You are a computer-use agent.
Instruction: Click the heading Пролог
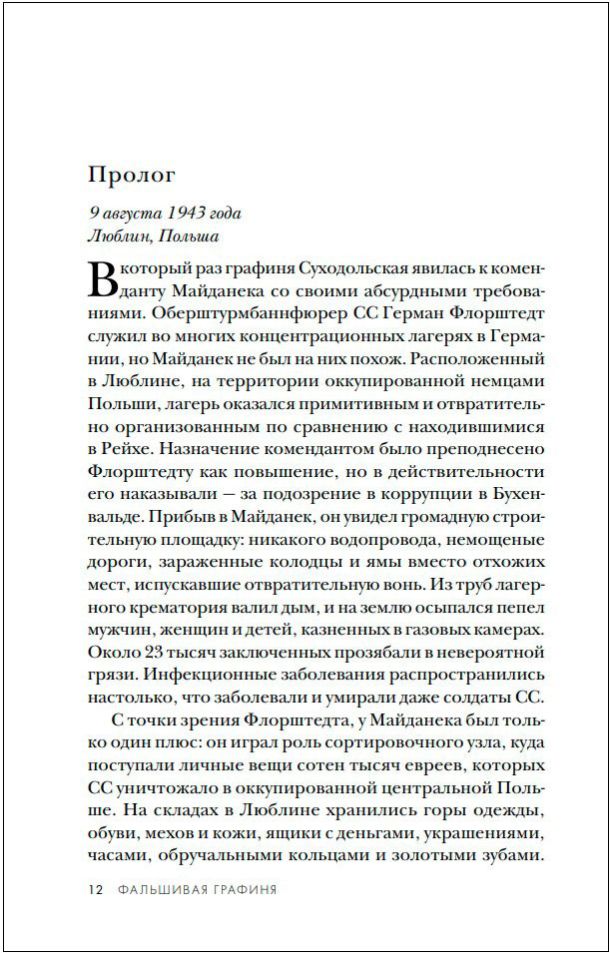132,176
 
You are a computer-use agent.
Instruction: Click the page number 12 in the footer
96,889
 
